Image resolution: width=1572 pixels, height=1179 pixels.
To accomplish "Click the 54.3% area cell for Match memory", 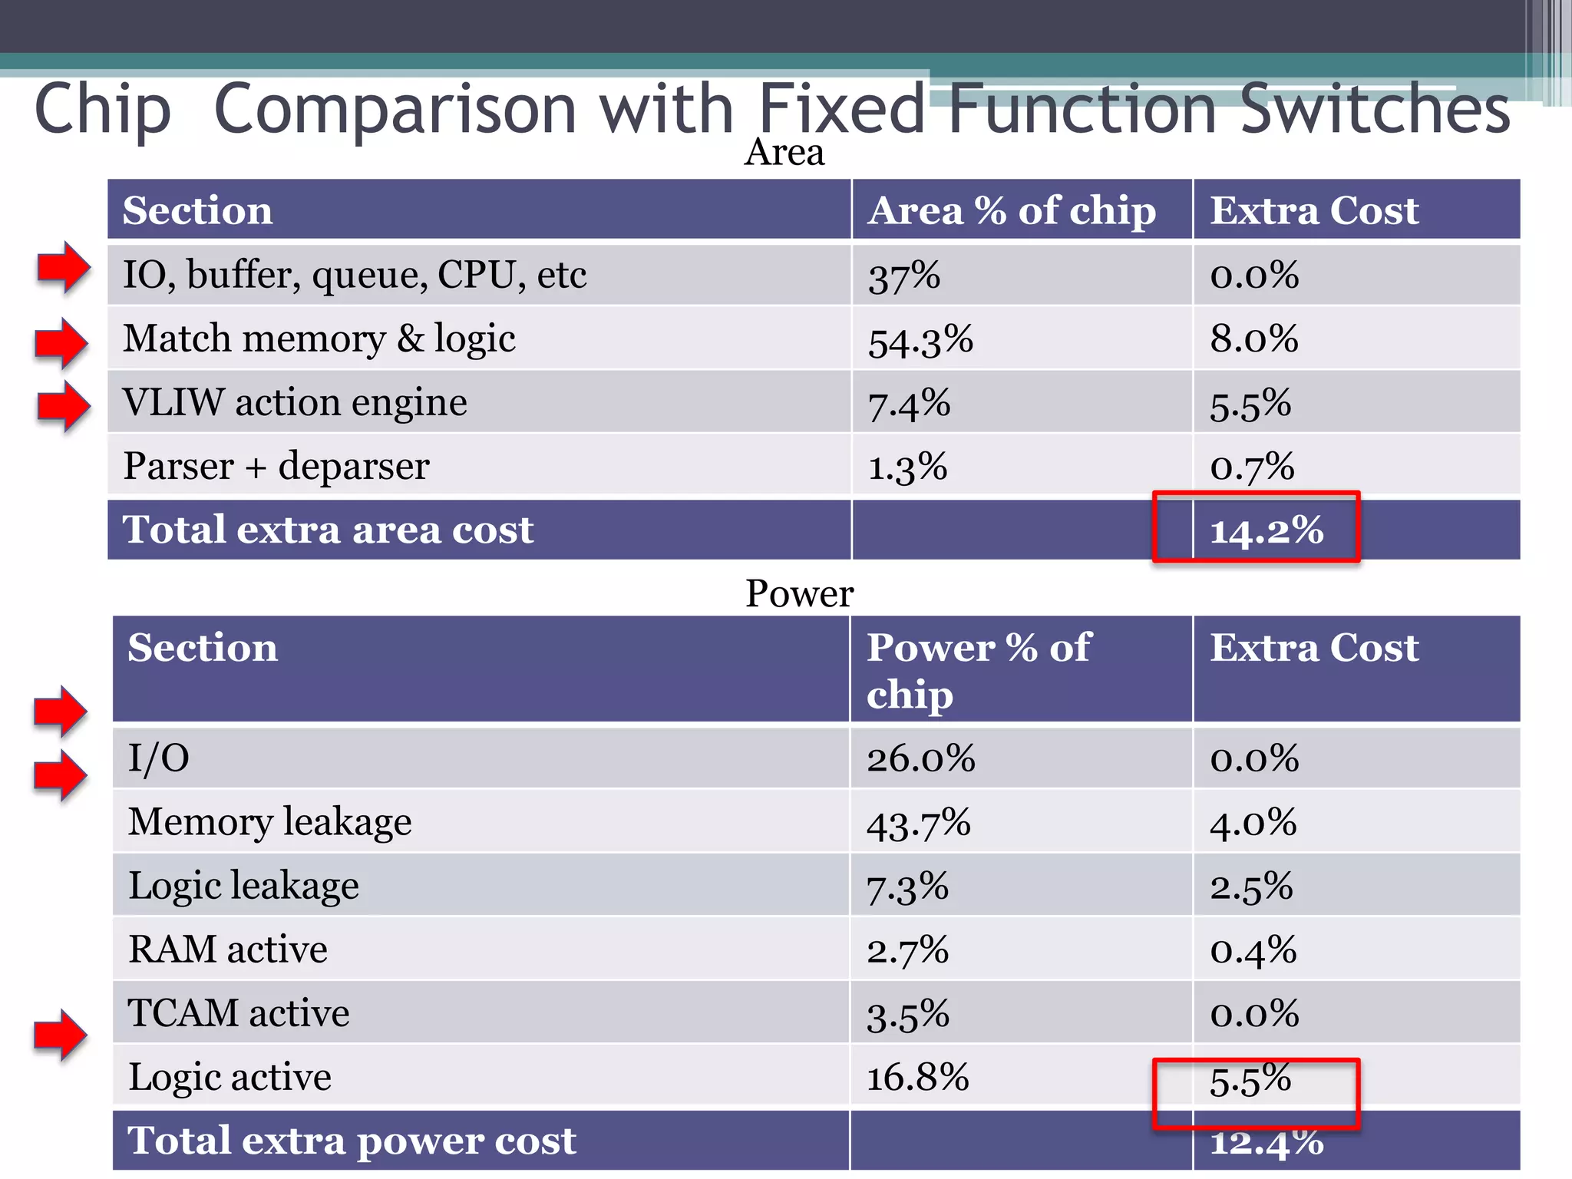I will [920, 340].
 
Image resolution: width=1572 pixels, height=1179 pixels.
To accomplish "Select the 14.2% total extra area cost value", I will [1267, 530].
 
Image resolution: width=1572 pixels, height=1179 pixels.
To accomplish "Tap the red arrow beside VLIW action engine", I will [64, 405].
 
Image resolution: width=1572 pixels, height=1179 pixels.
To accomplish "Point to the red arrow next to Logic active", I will [61, 1035].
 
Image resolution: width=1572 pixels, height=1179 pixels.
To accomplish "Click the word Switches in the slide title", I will [1375, 109].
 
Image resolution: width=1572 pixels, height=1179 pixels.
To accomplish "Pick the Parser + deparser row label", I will [276, 466].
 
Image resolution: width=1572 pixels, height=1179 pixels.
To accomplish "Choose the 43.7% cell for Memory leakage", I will [919, 823].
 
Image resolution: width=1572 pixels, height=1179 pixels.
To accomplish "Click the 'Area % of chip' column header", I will [1012, 210].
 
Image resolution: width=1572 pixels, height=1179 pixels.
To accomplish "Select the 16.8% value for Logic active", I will [918, 1077].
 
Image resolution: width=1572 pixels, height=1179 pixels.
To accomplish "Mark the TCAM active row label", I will [239, 1013].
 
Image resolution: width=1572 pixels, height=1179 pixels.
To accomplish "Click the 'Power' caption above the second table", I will [799, 593].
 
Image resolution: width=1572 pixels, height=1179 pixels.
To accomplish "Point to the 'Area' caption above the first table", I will [784, 152].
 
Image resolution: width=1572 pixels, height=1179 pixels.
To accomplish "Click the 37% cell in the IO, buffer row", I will [904, 276].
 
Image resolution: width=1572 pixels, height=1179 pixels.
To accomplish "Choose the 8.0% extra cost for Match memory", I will [1254, 339].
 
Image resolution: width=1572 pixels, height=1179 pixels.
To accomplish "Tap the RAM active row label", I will [228, 949].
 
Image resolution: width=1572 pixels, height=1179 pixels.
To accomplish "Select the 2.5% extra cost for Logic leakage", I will [1251, 887].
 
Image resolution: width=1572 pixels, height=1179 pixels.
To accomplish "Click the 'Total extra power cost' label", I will [352, 1141].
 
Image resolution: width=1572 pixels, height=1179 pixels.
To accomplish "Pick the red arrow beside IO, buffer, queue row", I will [64, 267].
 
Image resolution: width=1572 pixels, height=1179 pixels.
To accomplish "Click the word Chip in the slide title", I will [102, 109].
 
